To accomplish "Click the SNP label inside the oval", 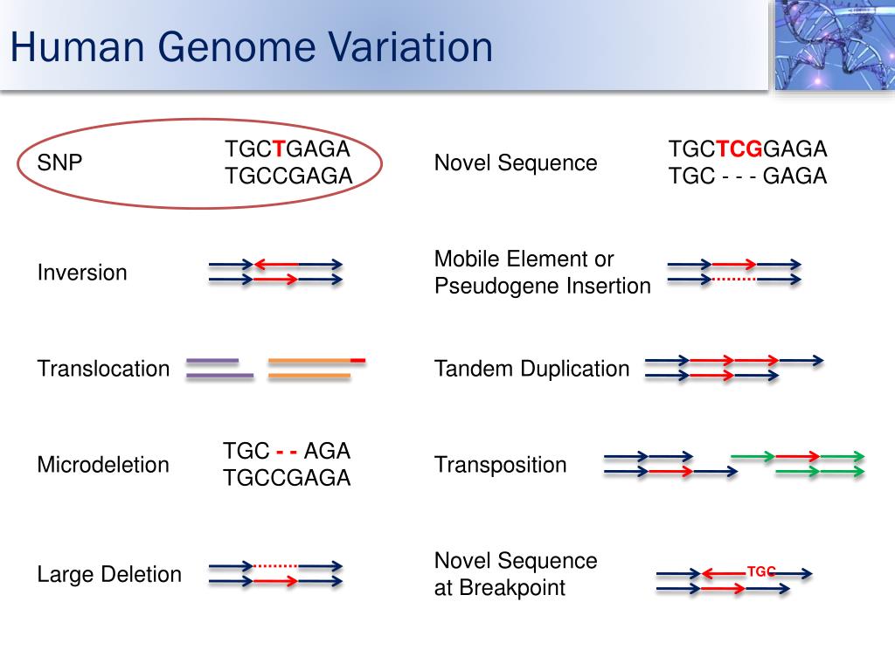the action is (59, 163).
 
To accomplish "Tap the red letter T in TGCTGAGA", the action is (279, 149).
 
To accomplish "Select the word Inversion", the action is (82, 273).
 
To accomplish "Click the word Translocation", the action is (103, 369).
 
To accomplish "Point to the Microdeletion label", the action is (103, 465).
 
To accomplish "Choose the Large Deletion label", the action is (109, 575).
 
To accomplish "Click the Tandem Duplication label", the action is (532, 369).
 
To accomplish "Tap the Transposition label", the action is (501, 465).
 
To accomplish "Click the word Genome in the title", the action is (236, 47).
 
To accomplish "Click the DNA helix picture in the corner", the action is (835, 45).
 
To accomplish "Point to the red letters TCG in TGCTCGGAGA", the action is (739, 149).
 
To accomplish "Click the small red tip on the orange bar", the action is (357, 361).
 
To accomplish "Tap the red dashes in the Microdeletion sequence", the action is (287, 452).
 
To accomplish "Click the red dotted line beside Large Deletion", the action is (275, 566).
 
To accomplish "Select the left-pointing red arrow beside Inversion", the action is (276, 265).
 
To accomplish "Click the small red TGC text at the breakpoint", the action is (761, 571).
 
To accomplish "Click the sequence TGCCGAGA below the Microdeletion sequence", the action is (287, 478).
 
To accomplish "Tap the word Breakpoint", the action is (512, 588).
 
